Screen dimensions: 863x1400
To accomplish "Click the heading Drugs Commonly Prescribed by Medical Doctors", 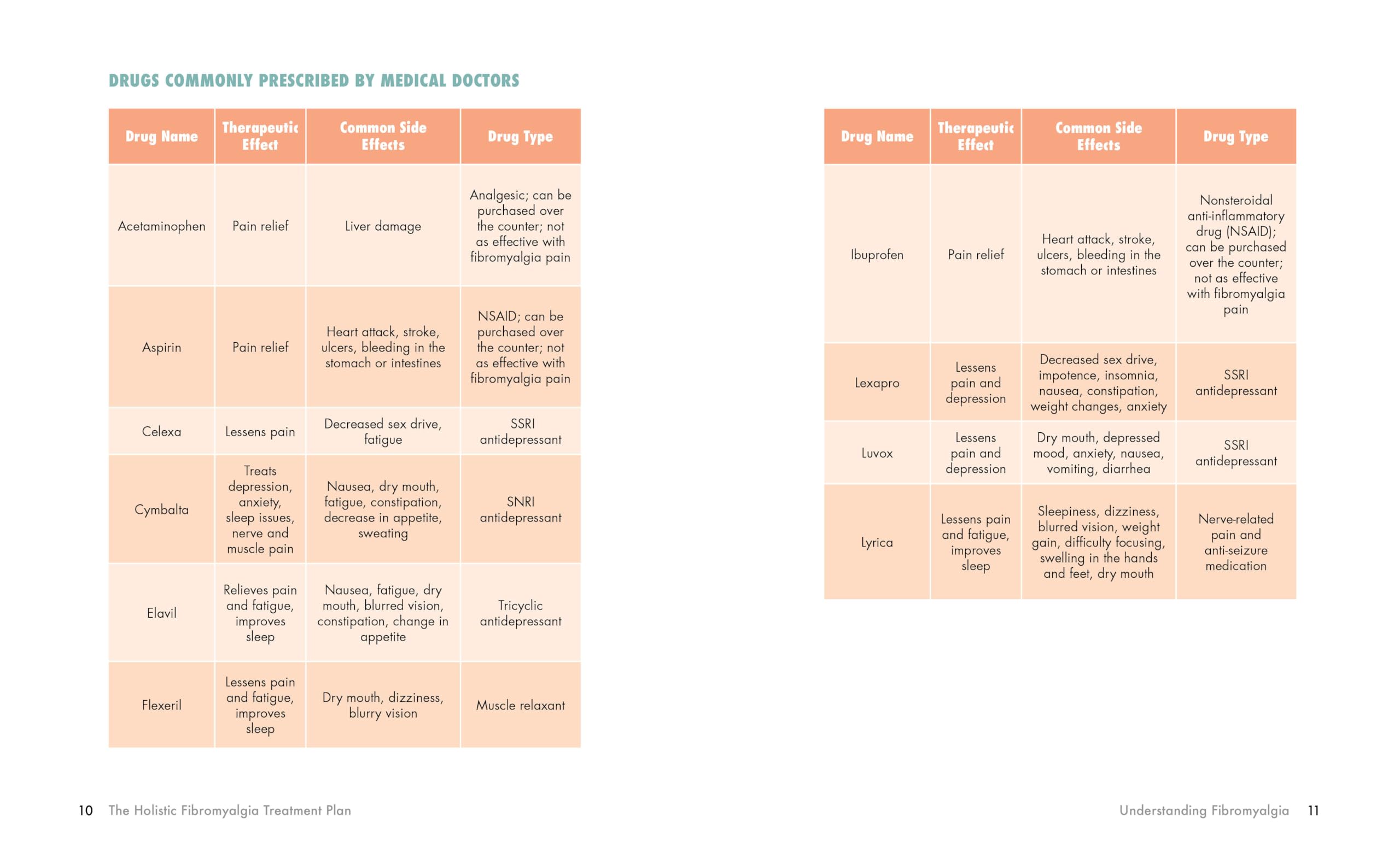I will click(313, 80).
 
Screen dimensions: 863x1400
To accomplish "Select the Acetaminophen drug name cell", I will click(161, 226).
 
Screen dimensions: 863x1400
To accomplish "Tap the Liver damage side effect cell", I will click(383, 226).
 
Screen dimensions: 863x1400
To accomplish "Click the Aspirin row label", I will click(161, 347).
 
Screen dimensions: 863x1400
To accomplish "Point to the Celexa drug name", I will click(161, 432).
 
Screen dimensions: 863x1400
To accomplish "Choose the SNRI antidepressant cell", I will click(520, 509).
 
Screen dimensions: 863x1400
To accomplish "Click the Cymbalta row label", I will click(161, 509).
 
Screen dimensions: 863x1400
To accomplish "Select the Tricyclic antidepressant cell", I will click(520, 613).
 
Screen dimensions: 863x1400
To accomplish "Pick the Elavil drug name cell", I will click(161, 613).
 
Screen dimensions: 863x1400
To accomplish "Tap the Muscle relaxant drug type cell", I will click(520, 706).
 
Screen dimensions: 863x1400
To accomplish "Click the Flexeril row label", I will click(161, 706).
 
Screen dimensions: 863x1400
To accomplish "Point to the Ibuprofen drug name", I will click(877, 255).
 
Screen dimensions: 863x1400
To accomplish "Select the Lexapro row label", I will click(877, 383).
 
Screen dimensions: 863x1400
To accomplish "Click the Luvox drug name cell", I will click(877, 453).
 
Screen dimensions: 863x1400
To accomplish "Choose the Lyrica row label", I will click(877, 542).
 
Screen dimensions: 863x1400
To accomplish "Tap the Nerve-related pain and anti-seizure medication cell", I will click(1235, 542).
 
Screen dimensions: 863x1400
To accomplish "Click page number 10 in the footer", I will click(86, 811).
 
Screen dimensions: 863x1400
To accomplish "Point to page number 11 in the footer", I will click(1313, 811).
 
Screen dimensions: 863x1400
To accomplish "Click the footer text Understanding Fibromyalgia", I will click(1204, 811).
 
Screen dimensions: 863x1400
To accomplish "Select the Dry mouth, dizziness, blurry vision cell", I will click(383, 706).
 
